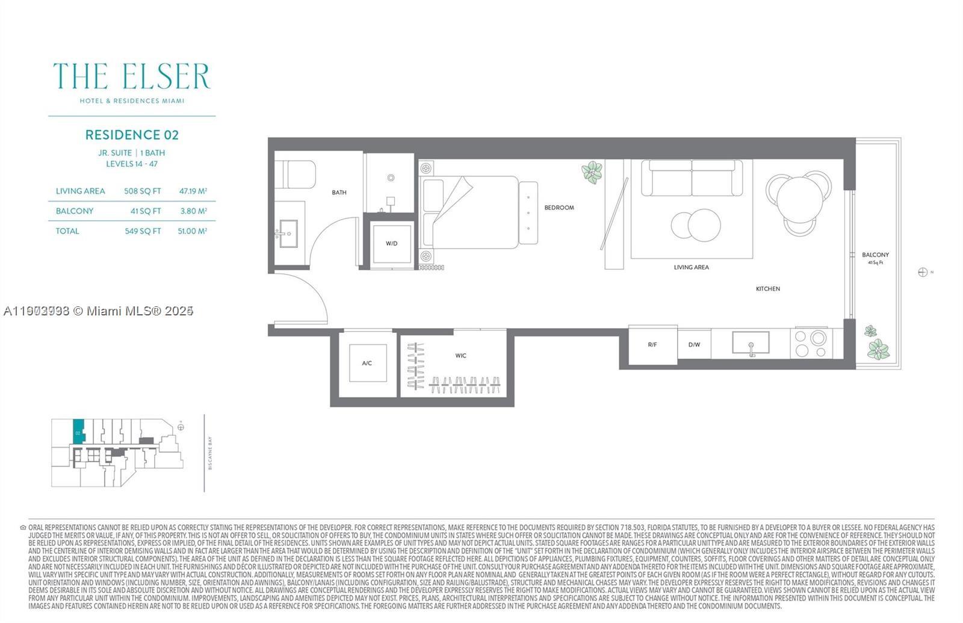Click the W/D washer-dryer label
391,244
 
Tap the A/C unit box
367,363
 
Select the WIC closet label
460,356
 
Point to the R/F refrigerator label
652,345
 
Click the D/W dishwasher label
694,345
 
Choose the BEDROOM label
559,208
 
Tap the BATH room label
339,193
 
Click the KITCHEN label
768,289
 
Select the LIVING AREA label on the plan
691,267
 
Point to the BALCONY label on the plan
875,255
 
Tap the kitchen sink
751,343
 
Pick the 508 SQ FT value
143,191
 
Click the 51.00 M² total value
193,231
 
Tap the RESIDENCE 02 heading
132,135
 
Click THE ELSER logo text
132,76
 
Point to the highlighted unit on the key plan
78,432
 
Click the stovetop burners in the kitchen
810,344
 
